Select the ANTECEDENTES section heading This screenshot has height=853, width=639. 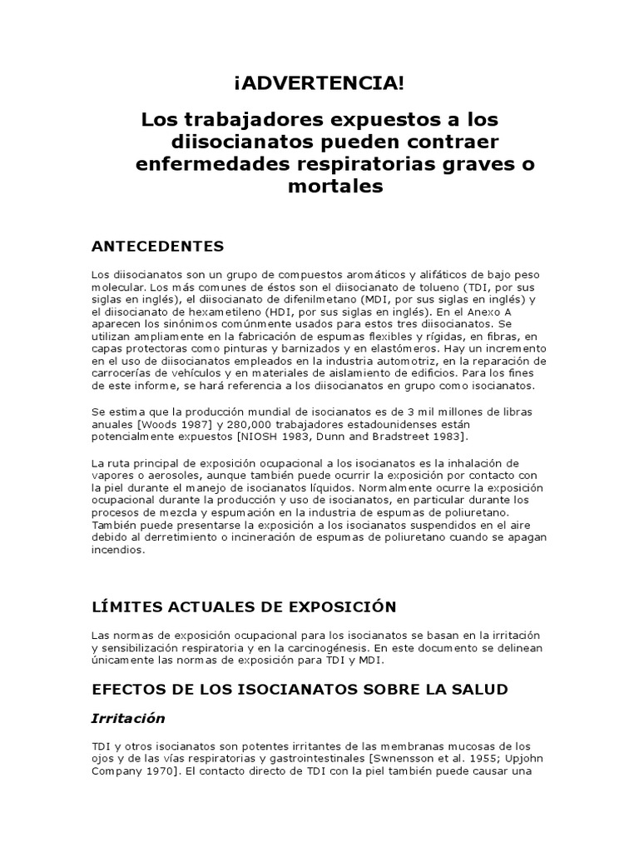click(157, 246)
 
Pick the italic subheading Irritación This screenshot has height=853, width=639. click(128, 718)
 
